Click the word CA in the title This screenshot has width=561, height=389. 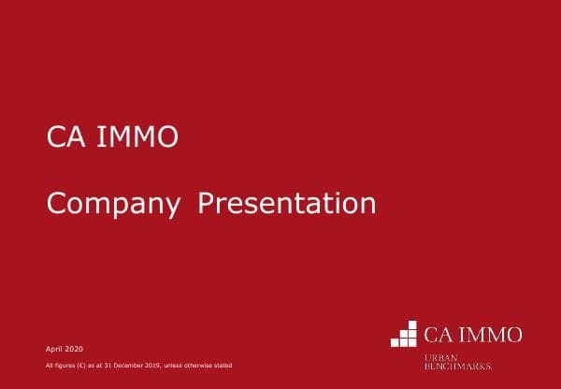click(62, 138)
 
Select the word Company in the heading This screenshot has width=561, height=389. click(113, 204)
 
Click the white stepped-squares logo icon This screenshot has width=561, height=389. click(404, 334)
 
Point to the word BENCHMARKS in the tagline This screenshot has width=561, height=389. click(457, 366)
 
